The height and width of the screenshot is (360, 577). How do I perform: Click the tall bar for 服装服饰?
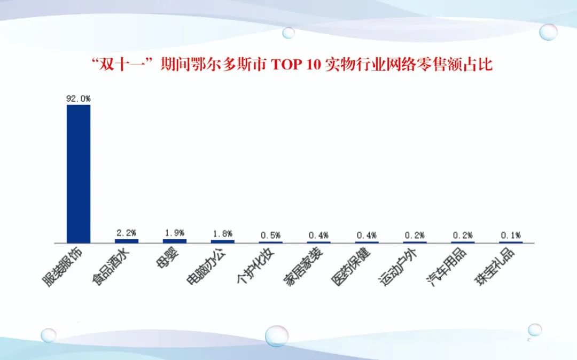click(79, 174)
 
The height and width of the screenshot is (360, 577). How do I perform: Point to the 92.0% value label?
click(79, 99)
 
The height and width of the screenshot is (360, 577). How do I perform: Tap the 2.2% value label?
click(127, 233)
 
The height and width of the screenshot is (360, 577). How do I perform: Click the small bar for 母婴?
click(174, 241)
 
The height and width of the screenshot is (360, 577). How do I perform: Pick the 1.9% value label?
click(174, 233)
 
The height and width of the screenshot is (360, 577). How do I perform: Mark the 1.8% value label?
click(223, 233)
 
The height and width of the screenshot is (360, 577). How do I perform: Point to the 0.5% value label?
click(270, 235)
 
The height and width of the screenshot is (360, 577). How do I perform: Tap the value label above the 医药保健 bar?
click(367, 235)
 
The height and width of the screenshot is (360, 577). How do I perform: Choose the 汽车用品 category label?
click(446, 266)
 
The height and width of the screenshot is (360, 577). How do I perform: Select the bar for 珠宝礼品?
click(511, 242)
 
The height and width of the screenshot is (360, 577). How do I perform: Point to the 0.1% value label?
click(511, 235)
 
